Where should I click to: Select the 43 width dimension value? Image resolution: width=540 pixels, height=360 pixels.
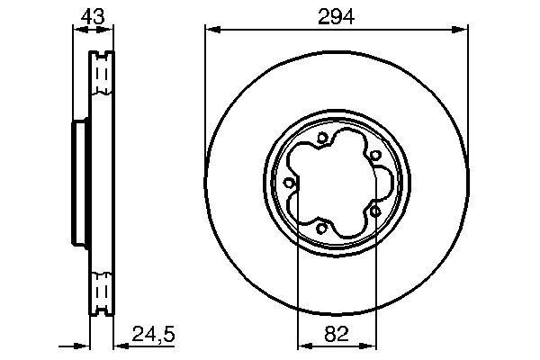tap(90, 15)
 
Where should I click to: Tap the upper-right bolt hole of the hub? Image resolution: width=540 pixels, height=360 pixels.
tap(373, 155)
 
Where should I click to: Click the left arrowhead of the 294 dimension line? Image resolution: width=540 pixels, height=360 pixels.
tap(211, 30)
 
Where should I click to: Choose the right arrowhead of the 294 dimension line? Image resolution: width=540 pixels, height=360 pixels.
tap(463, 30)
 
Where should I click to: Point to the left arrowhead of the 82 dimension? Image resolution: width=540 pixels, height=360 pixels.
tap(301, 344)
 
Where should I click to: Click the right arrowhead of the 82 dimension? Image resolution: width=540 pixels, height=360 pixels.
tap(368, 344)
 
